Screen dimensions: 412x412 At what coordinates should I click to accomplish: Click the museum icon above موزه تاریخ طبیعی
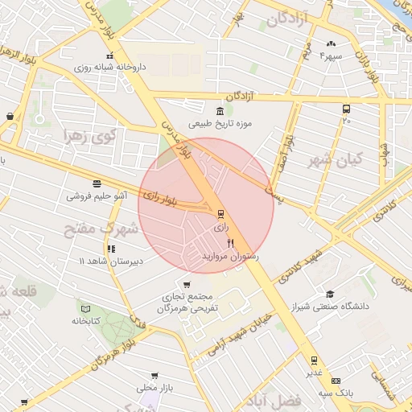click(x=220, y=111)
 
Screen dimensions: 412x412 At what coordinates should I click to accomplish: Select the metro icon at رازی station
click(x=220, y=214)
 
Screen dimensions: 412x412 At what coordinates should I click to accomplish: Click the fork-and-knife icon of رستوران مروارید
click(x=231, y=242)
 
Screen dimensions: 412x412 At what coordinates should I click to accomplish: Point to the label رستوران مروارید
click(x=231, y=255)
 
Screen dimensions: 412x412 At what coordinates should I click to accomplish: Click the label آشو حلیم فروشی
click(x=97, y=196)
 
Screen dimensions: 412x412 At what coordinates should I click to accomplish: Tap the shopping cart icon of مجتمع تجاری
click(x=187, y=284)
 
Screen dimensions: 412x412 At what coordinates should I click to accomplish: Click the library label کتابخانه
click(x=84, y=320)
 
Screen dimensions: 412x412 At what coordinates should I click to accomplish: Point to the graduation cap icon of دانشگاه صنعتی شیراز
click(x=329, y=294)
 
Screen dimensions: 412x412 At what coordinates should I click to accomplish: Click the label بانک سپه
click(x=335, y=392)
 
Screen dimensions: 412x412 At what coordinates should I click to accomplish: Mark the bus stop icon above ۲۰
click(x=346, y=109)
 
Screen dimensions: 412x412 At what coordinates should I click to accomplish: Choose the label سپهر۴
click(x=332, y=56)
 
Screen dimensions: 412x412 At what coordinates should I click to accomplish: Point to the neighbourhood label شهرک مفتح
click(x=101, y=229)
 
